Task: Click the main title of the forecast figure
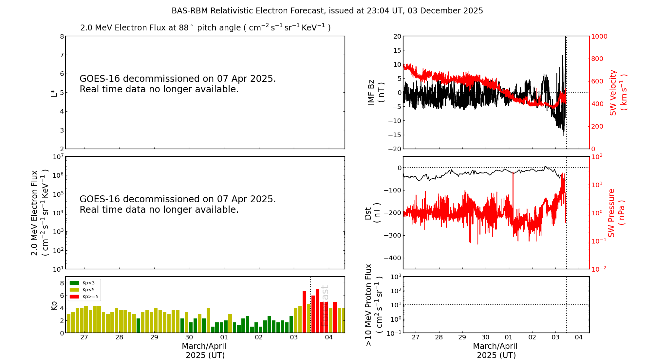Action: tap(327, 11)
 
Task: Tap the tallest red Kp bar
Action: tap(317, 311)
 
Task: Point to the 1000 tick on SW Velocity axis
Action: tap(599, 36)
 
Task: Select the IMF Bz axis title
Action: tap(376, 92)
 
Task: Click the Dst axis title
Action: tap(372, 213)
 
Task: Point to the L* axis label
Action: tap(54, 93)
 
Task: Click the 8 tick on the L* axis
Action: tap(62, 36)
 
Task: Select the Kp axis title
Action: tap(54, 305)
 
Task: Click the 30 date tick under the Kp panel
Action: tap(189, 337)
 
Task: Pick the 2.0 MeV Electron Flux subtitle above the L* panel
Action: tap(205, 28)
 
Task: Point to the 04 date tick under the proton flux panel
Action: tap(579, 337)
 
